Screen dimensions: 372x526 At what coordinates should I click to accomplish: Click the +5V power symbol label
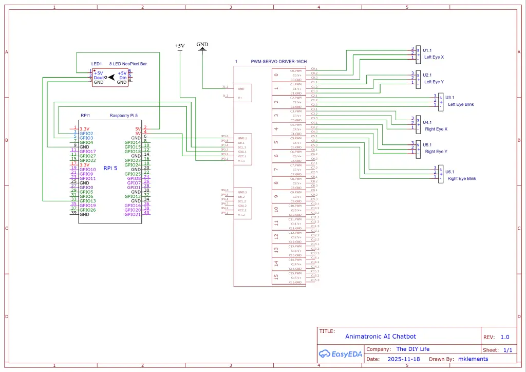[180, 46]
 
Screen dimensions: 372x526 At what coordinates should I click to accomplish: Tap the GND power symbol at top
[202, 45]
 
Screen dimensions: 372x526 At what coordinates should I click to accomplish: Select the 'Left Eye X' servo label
[434, 57]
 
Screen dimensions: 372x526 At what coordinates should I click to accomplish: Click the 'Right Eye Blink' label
[462, 178]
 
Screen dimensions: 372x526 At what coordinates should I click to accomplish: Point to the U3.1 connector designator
[449, 97]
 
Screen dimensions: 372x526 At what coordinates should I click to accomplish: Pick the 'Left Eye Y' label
[434, 82]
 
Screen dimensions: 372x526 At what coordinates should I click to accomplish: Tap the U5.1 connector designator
[427, 144]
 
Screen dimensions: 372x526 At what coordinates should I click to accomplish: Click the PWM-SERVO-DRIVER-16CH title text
[278, 62]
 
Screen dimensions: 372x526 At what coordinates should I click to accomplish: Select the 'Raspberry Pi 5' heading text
[124, 116]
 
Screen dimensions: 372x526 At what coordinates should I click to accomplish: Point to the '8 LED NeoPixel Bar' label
[128, 64]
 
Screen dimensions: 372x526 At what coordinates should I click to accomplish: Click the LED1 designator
[97, 64]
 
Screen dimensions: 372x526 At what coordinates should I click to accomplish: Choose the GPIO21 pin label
[133, 214]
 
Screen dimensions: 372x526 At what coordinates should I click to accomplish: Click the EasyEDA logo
[340, 354]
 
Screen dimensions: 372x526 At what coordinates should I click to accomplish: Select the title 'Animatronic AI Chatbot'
[381, 337]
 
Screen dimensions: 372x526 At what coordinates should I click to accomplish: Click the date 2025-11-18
[403, 359]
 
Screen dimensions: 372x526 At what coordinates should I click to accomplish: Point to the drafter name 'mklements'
[473, 359]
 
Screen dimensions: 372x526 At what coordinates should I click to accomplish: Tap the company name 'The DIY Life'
[412, 349]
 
